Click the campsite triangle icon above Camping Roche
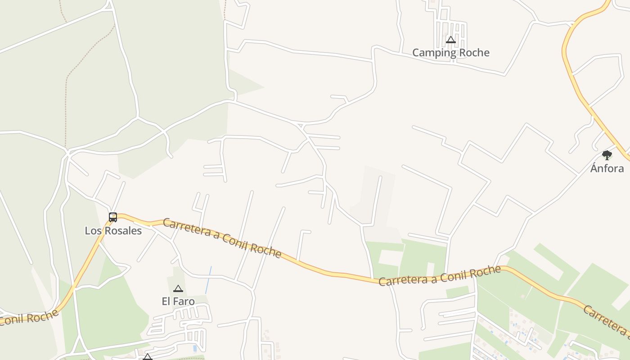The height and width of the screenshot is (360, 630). click(x=451, y=40)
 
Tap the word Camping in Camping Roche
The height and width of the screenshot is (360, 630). click(x=434, y=53)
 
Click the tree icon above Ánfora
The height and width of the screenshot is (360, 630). click(x=607, y=156)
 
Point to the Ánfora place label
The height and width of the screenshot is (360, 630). click(x=607, y=168)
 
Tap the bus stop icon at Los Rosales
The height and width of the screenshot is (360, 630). click(x=113, y=217)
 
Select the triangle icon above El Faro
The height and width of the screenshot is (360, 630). click(x=178, y=288)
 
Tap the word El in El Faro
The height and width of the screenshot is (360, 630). click(x=166, y=301)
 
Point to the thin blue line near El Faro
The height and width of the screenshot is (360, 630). click(x=208, y=280)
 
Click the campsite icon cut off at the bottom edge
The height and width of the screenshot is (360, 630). click(x=148, y=357)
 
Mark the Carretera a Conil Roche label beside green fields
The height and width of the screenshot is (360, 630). click(x=439, y=276)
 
